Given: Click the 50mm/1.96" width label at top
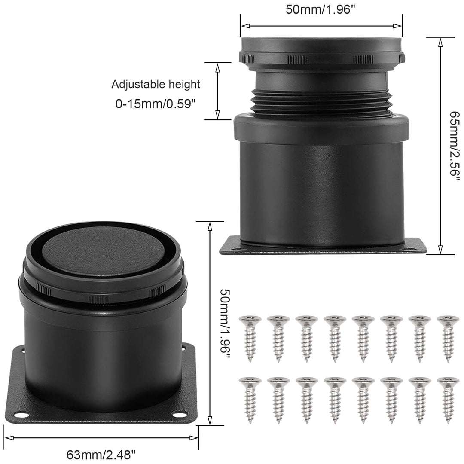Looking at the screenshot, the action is coord(320,9).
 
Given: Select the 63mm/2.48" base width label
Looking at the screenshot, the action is coord(101,454).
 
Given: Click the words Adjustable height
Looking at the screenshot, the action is coord(156,85).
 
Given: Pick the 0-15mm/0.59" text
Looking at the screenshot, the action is coord(156,104).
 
